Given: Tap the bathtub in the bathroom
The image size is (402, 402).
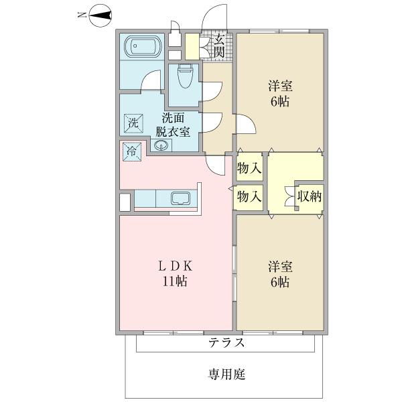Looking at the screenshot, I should click(x=141, y=46).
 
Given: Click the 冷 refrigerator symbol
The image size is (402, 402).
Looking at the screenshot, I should click(x=131, y=151).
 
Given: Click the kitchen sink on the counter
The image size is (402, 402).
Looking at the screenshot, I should click(x=181, y=198).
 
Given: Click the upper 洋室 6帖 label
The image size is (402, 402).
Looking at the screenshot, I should click(x=279, y=94).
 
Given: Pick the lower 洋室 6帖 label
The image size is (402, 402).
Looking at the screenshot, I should click(x=279, y=273).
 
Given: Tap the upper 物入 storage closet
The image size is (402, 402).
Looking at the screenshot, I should click(x=249, y=169).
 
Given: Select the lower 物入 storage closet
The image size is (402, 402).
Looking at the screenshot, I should click(x=249, y=197).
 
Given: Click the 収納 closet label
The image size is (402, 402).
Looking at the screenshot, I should click(x=309, y=196).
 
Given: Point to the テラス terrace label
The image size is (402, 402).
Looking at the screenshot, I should click(x=226, y=343).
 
